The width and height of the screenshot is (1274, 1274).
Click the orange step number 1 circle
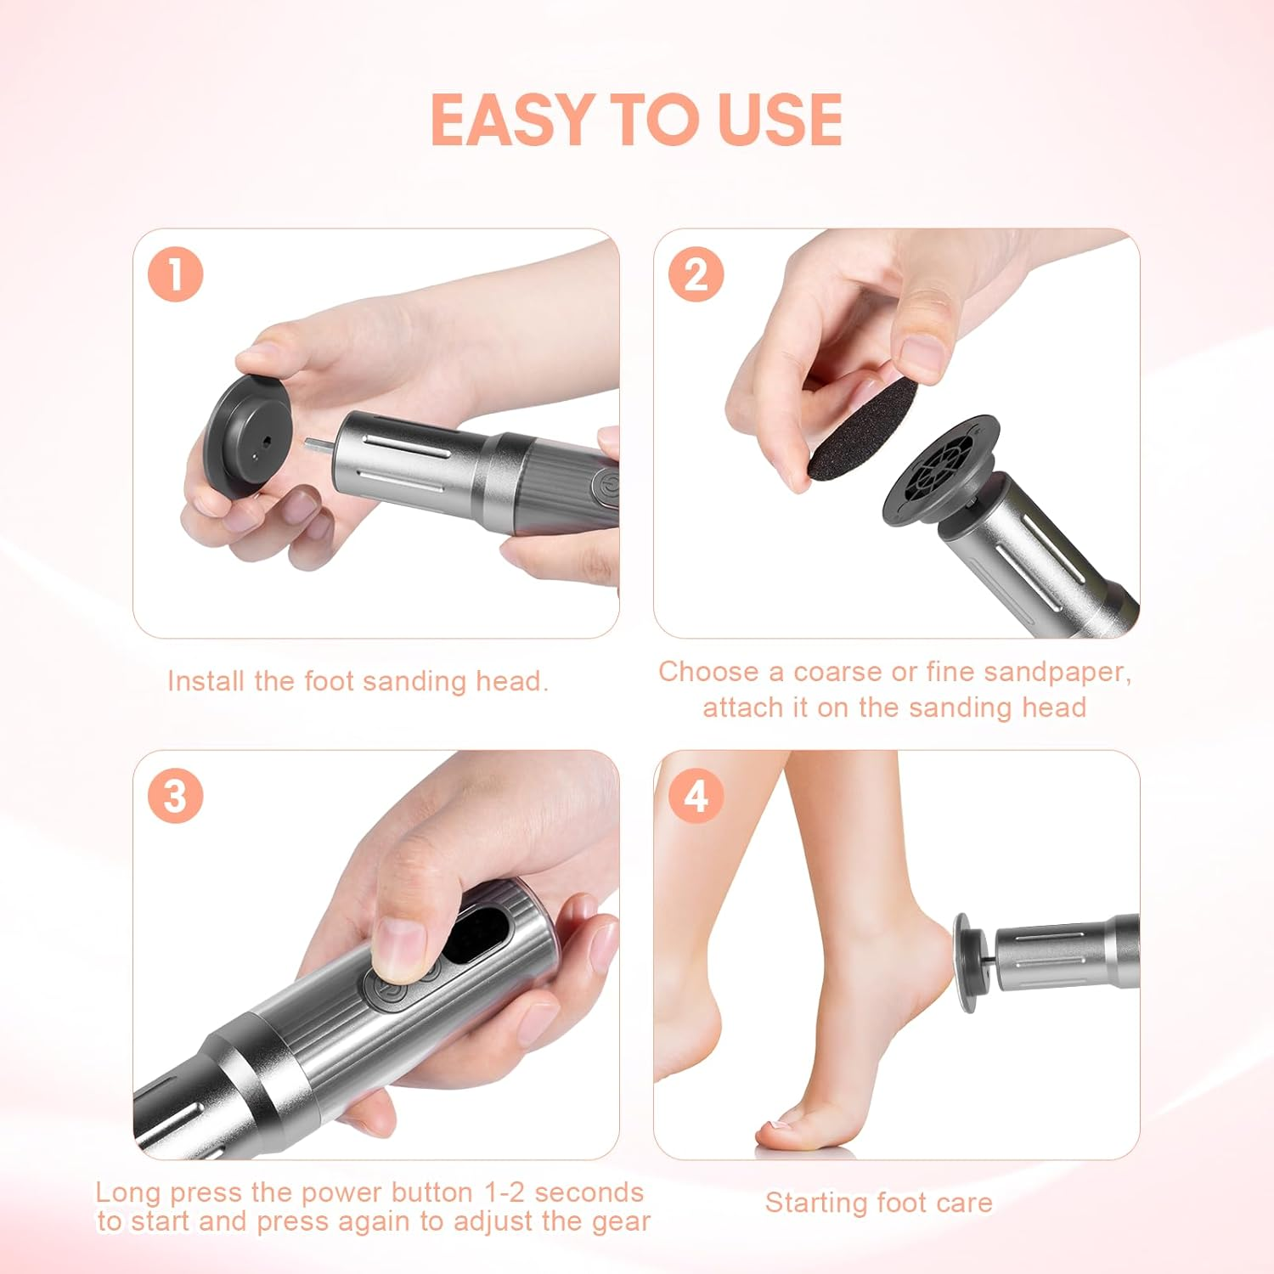tap(176, 275)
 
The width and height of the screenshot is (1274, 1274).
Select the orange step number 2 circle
tap(696, 275)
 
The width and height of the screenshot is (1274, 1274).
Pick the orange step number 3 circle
tap(176, 797)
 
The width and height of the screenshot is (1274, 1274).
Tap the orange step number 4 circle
tap(696, 797)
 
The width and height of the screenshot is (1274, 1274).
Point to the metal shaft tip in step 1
tap(316, 443)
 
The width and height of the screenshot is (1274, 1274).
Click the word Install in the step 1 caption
tap(205, 681)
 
